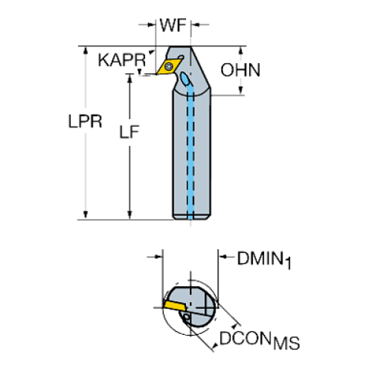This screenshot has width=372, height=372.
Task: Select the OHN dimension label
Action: (241, 71)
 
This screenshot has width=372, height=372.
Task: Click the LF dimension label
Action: (130, 134)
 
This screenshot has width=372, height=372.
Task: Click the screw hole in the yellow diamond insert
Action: (169, 68)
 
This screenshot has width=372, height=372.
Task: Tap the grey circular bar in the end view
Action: (194, 307)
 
